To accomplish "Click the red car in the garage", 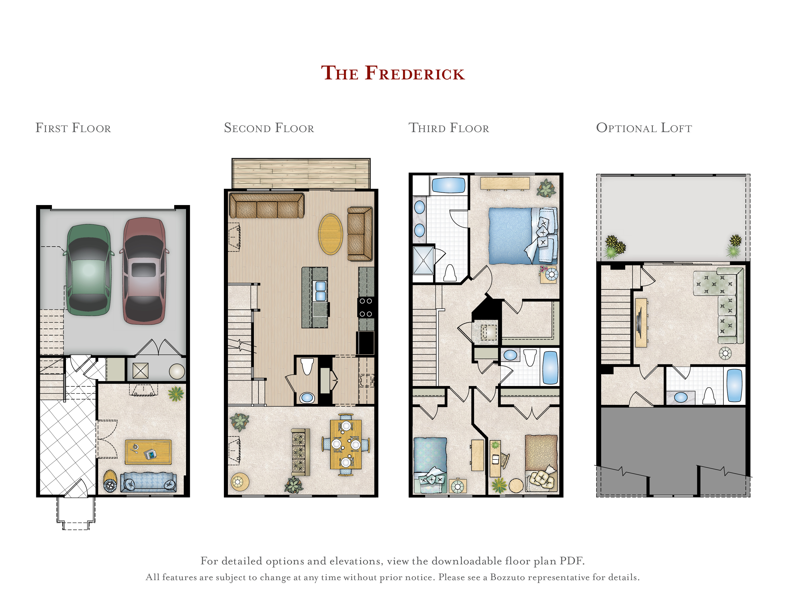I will point(144,271).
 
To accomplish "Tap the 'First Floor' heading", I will point(73,128).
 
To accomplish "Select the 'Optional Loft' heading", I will point(644,128).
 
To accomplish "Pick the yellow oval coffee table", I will point(330,234).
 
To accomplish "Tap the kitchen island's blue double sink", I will point(320,291).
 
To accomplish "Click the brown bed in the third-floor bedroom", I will point(541,463).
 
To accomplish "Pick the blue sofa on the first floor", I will point(148,482).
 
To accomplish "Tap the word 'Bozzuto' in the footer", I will point(507,577).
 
